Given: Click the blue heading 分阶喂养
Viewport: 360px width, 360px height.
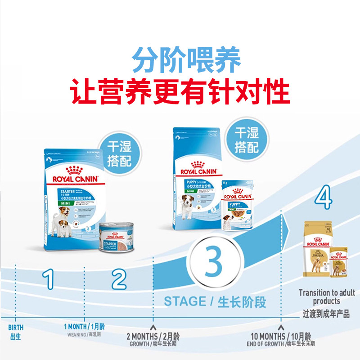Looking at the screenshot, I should point(186,60).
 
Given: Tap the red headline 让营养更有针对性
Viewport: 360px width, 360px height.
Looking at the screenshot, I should point(180,92).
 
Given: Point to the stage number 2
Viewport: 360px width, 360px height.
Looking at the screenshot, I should point(119,279).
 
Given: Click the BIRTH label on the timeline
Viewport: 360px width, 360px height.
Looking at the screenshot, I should point(15,328).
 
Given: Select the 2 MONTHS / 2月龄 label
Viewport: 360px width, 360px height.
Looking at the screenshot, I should point(153,337).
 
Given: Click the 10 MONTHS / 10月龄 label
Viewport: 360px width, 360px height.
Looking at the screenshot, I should point(281,337).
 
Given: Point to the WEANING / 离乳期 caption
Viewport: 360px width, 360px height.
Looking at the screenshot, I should point(84,335).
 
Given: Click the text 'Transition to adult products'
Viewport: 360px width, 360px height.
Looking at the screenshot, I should point(327,297).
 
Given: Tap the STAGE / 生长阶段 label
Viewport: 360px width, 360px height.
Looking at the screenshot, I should point(215,301).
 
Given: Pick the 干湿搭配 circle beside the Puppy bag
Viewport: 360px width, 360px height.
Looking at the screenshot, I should point(246,140).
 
